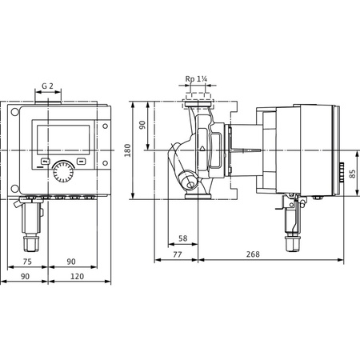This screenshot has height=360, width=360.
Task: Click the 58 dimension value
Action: tap(182, 238)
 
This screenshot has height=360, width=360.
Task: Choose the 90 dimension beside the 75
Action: tap(71, 261)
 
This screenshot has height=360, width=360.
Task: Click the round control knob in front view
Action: tap(61, 172)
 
